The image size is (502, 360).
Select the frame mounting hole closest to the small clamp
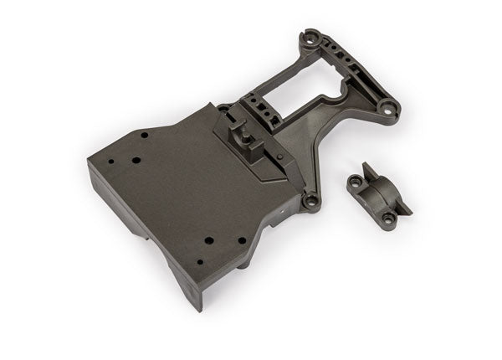(311, 200)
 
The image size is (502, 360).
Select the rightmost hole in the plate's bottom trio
(242, 239)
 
